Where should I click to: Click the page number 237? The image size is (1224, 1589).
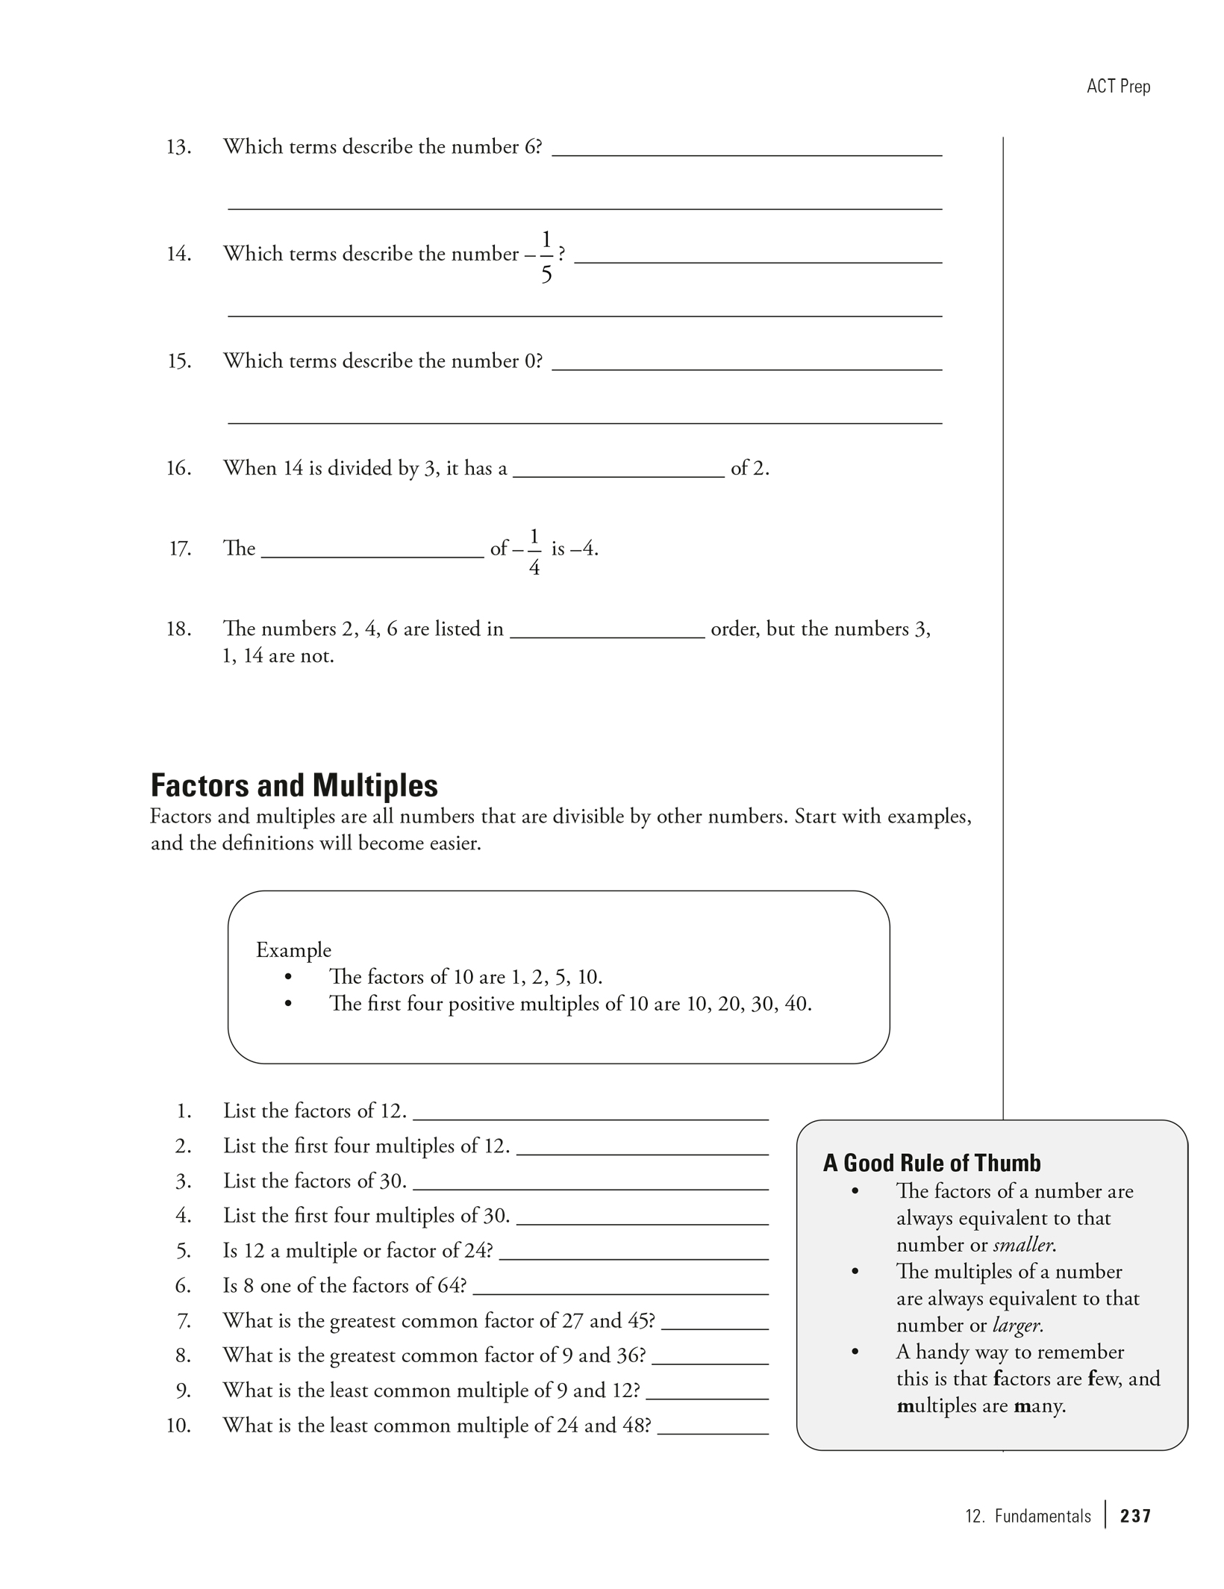1135,1516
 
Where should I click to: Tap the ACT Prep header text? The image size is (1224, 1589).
1118,87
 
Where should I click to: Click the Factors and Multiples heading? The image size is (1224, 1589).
294,786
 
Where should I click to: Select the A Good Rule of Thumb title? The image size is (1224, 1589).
931,1163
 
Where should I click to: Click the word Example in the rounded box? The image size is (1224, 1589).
293,950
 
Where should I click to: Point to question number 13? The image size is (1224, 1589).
178,147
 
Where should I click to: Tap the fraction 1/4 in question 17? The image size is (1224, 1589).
534,552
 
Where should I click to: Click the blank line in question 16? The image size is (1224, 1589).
619,475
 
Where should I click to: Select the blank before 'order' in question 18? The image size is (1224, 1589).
607,635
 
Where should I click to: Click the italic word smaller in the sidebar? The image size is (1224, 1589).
1023,1245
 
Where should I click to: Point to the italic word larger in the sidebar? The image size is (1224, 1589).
1017,1326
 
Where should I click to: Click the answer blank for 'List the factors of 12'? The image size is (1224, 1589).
590,1117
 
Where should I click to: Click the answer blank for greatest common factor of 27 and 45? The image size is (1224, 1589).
714,1327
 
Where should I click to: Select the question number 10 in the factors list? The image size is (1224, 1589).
178,1426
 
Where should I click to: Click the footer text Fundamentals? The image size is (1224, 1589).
1042,1516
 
